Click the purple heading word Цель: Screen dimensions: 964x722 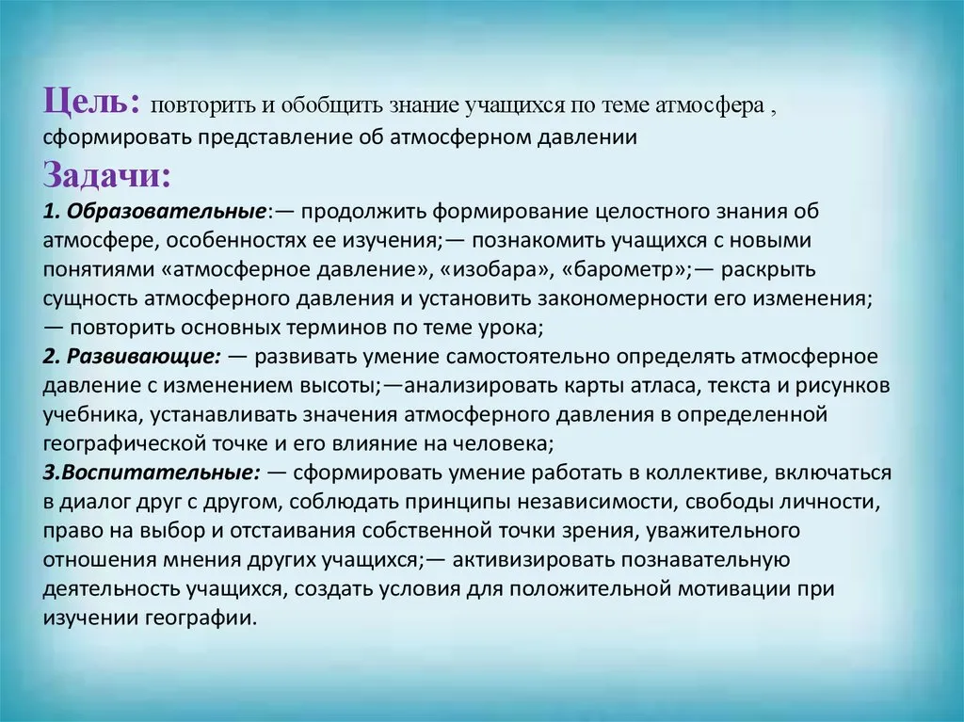point(92,101)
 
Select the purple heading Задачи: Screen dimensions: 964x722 point(106,175)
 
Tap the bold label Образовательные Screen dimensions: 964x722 point(166,212)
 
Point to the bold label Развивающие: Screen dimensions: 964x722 point(143,357)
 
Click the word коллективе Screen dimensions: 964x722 point(704,473)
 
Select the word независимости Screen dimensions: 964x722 point(593,502)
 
